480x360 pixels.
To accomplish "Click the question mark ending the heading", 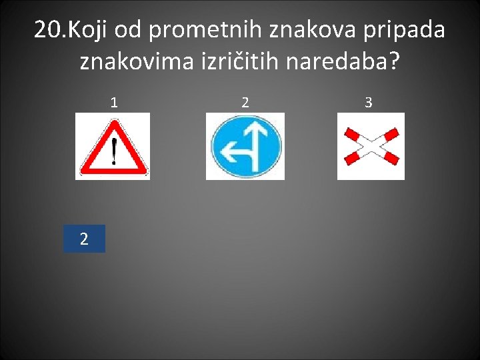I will pyautogui.click(x=395, y=62).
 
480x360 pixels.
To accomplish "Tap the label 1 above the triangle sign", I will pyautogui.click(x=115, y=103).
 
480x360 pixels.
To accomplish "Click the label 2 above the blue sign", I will pyautogui.click(x=245, y=103).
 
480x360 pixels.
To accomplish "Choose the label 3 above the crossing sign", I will pyautogui.click(x=369, y=103).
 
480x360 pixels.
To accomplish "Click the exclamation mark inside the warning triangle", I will pyautogui.click(x=114, y=151).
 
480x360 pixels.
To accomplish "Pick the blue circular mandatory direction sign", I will pyautogui.click(x=245, y=146).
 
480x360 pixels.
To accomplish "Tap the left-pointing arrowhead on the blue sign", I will pyautogui.click(x=221, y=153).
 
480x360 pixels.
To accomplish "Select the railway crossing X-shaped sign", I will pyautogui.click(x=371, y=146).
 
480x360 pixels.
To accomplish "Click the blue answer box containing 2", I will pyautogui.click(x=84, y=239).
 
